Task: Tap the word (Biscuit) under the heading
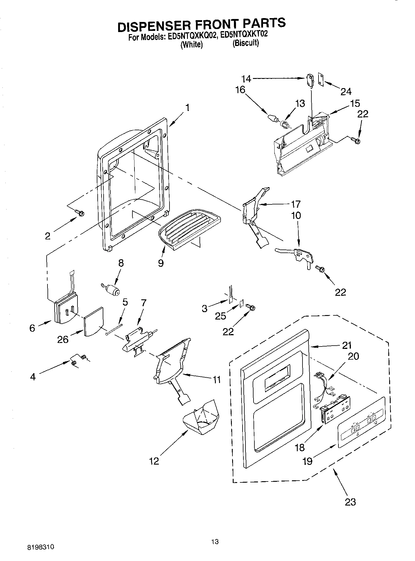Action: (245, 43)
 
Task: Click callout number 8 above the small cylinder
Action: (121, 263)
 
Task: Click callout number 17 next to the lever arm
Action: (296, 204)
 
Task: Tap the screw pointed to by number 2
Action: (80, 212)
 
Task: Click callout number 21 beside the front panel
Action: (346, 345)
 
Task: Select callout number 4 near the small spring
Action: (33, 377)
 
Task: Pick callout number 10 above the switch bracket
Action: (296, 215)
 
